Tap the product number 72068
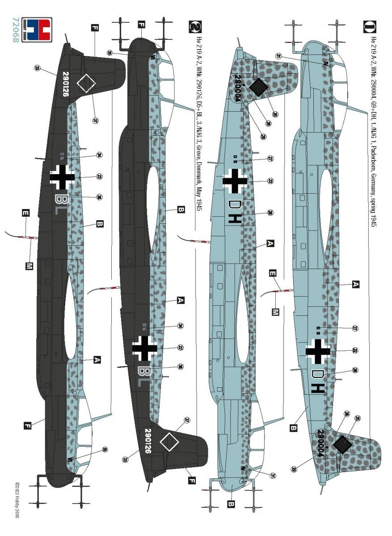[x=17, y=30]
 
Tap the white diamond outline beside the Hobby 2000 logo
[x=86, y=83]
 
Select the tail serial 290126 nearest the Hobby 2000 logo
[x=66, y=85]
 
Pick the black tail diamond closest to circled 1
[x=258, y=87]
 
